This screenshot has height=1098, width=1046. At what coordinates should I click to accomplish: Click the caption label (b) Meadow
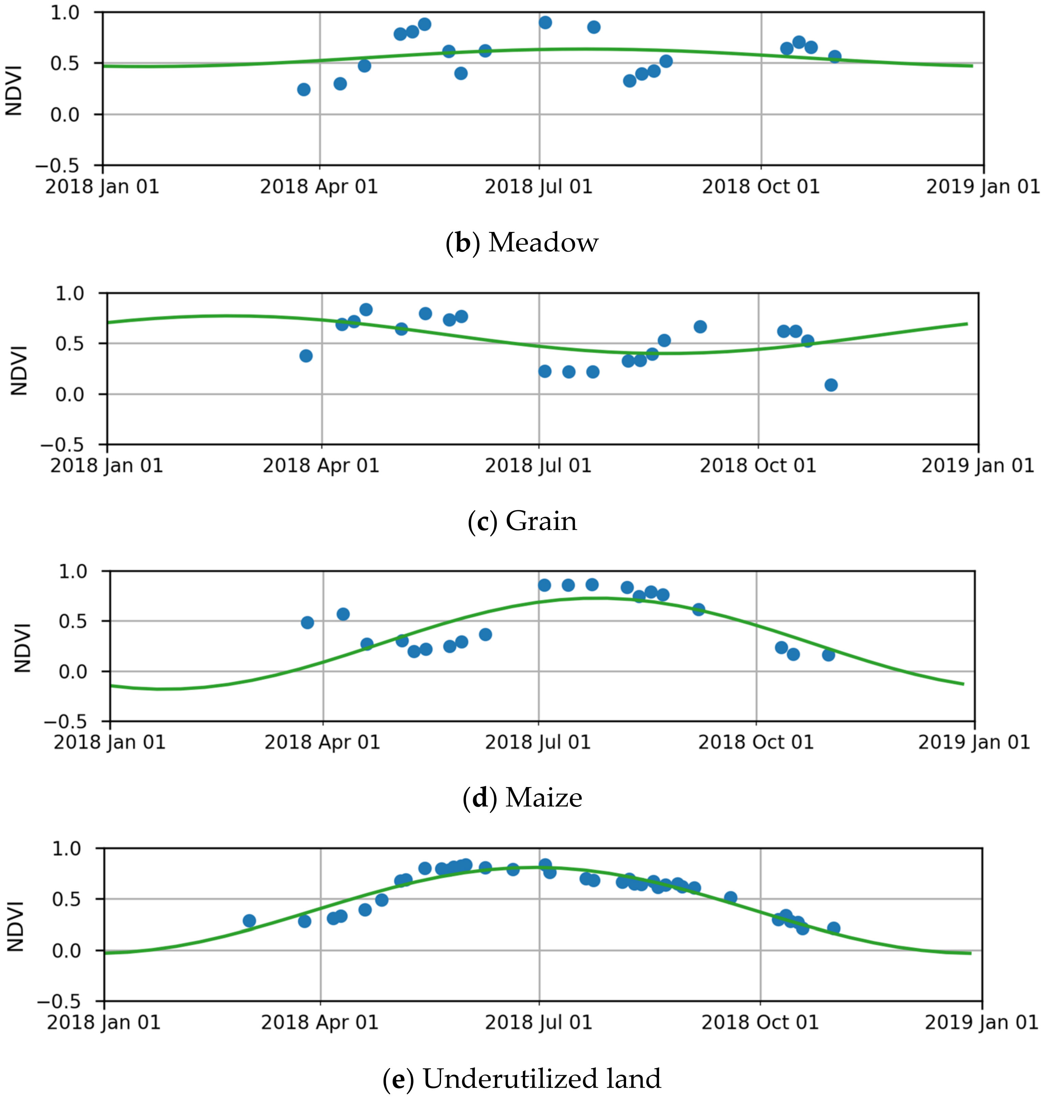pos(522,242)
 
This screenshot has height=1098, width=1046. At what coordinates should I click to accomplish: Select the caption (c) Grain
pos(522,521)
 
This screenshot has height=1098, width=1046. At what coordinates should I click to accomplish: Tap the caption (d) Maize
pos(522,797)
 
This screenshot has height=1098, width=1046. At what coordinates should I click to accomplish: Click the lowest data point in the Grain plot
pos(831,385)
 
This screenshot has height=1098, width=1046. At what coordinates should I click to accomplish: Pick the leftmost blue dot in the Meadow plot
pos(303,89)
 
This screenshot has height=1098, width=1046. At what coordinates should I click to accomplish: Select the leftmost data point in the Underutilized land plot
pos(249,921)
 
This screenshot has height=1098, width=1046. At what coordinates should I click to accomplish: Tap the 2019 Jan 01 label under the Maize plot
pos(973,742)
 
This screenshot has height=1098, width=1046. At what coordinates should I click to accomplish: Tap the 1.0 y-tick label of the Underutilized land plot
pos(66,849)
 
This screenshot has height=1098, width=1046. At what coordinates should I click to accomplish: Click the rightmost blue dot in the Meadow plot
pos(834,56)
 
